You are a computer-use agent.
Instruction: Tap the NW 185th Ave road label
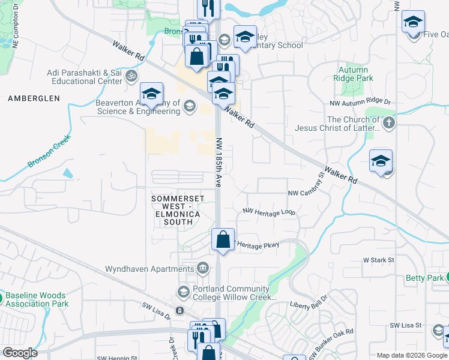(219, 161)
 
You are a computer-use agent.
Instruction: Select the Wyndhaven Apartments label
(151, 269)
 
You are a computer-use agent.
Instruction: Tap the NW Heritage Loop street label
(269, 212)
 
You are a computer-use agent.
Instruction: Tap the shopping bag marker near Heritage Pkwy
(223, 239)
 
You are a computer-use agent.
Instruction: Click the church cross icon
(389, 124)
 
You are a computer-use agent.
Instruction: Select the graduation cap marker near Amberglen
(152, 94)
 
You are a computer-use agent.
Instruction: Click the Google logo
(20, 353)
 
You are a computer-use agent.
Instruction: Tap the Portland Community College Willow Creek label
(234, 293)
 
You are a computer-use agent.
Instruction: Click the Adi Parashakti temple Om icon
(131, 77)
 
